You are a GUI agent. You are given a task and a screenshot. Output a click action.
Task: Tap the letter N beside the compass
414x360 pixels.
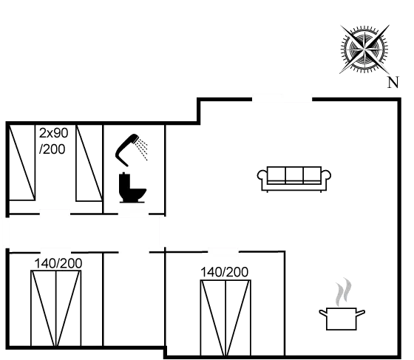pos(394,82)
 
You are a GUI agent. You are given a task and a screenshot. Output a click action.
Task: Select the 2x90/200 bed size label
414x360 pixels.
pos(52,140)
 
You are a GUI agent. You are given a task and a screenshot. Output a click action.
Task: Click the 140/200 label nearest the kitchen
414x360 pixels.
pos(225,272)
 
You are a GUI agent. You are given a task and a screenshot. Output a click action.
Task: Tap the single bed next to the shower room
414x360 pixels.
pos(89,164)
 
